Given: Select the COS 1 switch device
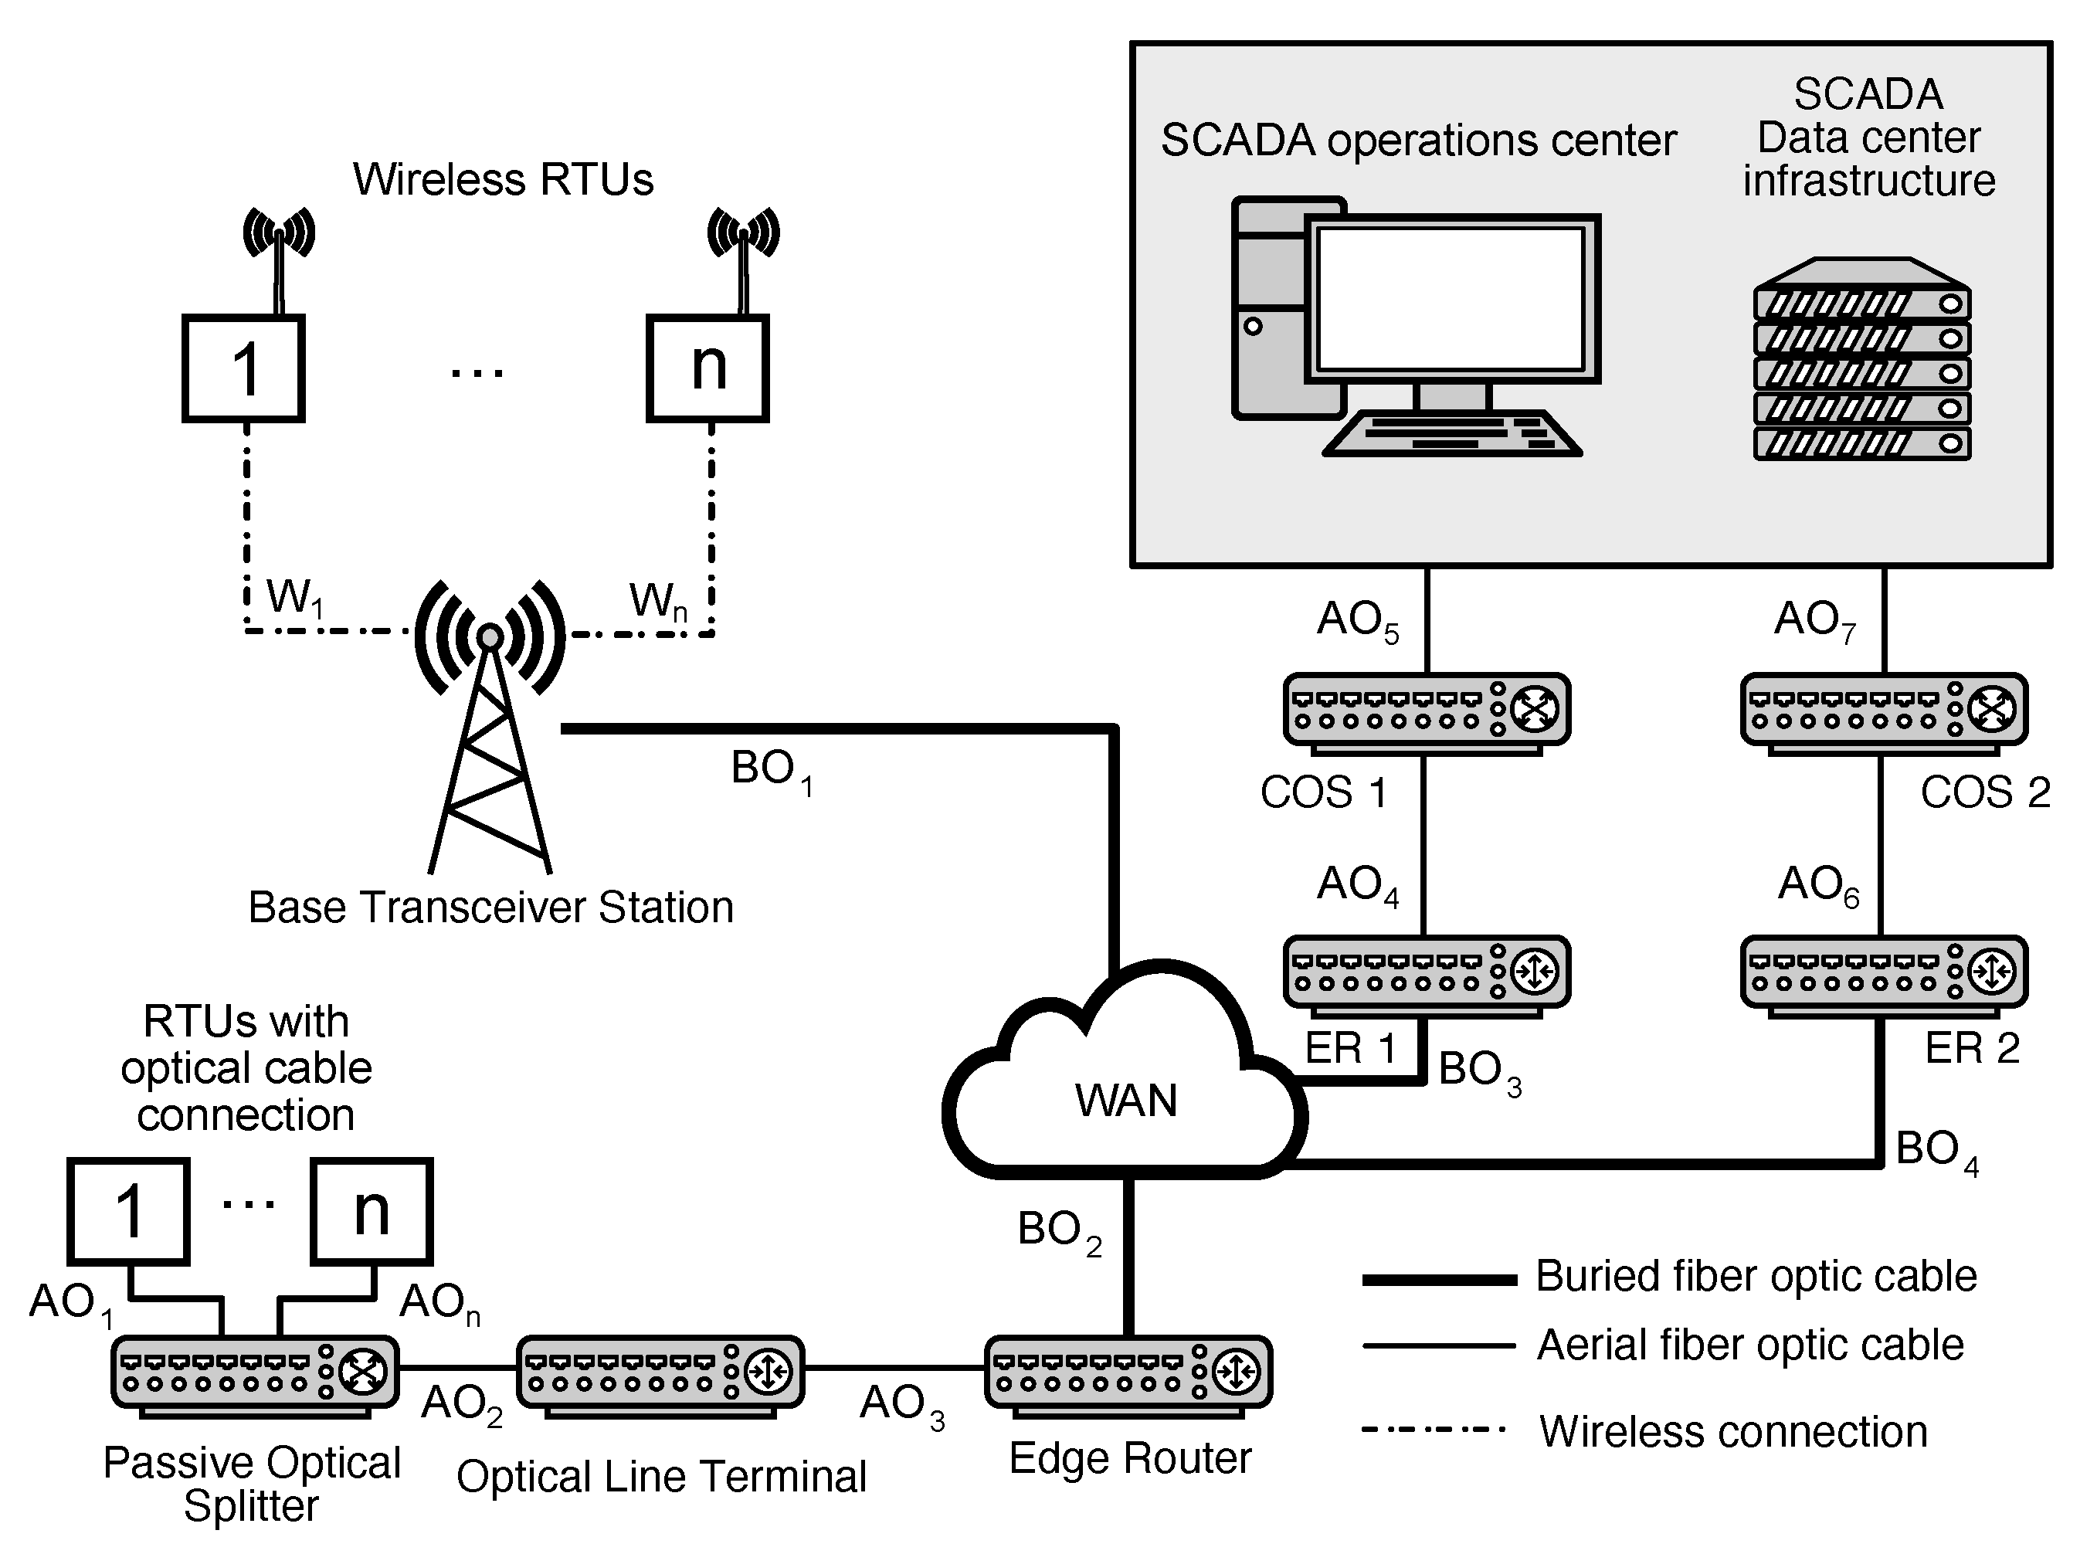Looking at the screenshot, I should click(x=1427, y=712).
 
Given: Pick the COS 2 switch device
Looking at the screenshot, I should click(x=1884, y=712).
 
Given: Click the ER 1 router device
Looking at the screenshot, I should click(x=1427, y=975).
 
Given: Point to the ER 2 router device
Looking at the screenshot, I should click(x=1884, y=975).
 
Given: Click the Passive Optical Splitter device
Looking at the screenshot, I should click(x=254, y=1374).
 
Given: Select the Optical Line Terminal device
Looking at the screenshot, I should click(x=660, y=1374).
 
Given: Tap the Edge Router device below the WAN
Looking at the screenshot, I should click(x=1128, y=1374).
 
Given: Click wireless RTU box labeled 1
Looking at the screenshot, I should click(x=243, y=368).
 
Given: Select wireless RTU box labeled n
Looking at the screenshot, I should click(x=707, y=368).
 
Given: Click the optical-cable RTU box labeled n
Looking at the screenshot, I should click(x=372, y=1210).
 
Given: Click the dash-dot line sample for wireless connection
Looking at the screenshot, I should click(x=1435, y=1430).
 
